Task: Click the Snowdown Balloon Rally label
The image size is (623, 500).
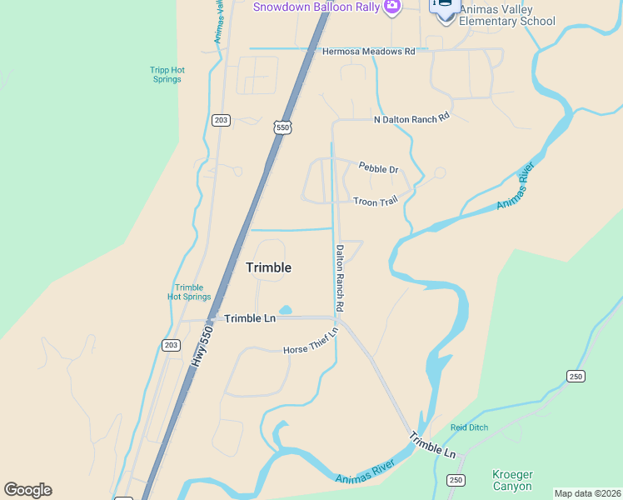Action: pyautogui.click(x=316, y=7)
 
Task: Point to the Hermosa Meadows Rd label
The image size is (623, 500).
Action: pyautogui.click(x=368, y=52)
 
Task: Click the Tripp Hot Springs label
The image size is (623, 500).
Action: pyautogui.click(x=167, y=74)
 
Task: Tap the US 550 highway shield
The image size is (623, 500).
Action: pyautogui.click(x=283, y=127)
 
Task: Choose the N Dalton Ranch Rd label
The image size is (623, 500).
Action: pyautogui.click(x=411, y=119)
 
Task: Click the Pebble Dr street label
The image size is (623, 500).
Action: pyautogui.click(x=378, y=169)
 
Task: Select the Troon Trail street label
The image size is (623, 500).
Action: pyautogui.click(x=376, y=202)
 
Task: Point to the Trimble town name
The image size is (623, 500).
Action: pyautogui.click(x=268, y=267)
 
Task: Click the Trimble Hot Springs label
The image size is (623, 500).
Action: pyautogui.click(x=189, y=292)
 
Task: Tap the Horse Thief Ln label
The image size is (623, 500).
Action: pyautogui.click(x=311, y=341)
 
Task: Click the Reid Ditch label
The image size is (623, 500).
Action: pyautogui.click(x=468, y=427)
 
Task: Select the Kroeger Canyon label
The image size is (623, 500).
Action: pyautogui.click(x=512, y=480)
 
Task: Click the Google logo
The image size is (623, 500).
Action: pyautogui.click(x=27, y=490)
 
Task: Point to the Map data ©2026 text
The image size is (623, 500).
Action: pyautogui.click(x=587, y=493)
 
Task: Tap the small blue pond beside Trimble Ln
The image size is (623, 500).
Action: pyautogui.click(x=285, y=310)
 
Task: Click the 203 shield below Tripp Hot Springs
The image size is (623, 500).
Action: pyautogui.click(x=221, y=121)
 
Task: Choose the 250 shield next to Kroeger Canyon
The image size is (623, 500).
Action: pyautogui.click(x=455, y=480)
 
